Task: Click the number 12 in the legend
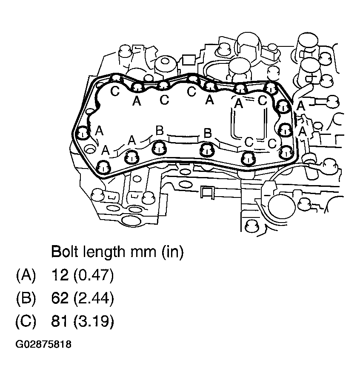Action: pos(59,275)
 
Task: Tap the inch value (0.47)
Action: pos(93,275)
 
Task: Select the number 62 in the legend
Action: pos(59,299)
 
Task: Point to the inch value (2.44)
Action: pos(93,299)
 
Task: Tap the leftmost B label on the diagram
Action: pos(159,131)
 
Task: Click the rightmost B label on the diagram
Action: pos(208,133)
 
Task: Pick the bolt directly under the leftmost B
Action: pos(159,148)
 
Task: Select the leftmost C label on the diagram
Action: pos(115,91)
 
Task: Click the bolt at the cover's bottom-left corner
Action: pos(103,167)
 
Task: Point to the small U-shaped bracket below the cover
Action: pos(207,193)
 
